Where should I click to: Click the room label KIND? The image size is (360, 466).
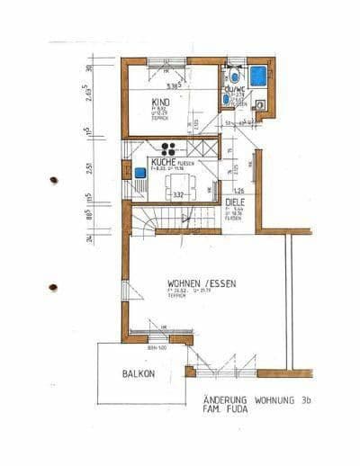tap(159, 103)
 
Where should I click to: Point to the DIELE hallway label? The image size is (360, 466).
tap(236, 203)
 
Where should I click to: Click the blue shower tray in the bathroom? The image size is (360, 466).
tap(259, 75)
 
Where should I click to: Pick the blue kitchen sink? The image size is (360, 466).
tap(140, 171)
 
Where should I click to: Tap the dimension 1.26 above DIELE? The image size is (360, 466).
tap(239, 191)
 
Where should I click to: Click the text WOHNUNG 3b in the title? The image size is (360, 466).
tap(274, 401)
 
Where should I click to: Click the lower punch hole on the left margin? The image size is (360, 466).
tap(52, 288)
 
